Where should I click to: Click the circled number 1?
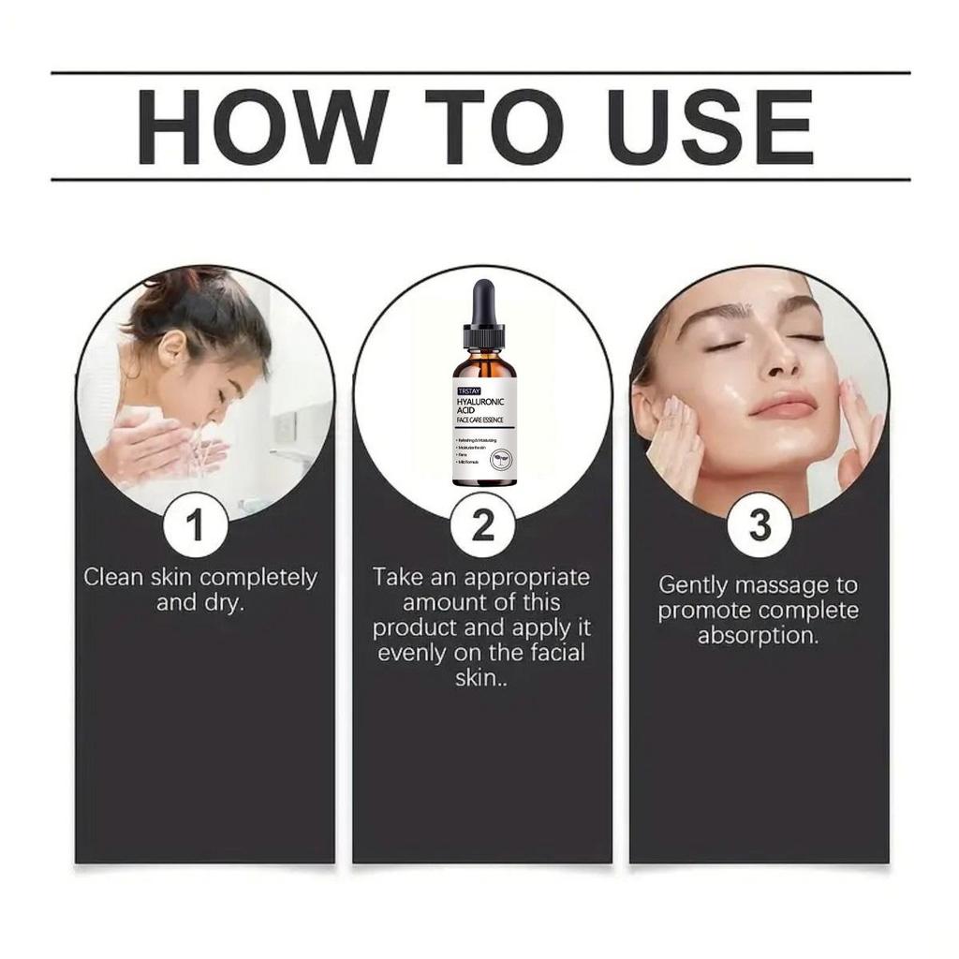click(195, 526)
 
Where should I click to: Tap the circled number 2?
click(482, 526)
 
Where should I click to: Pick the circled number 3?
click(760, 526)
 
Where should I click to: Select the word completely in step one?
click(258, 578)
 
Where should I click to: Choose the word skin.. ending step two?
click(482, 678)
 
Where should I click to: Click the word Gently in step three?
click(693, 585)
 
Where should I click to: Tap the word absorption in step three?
click(758, 635)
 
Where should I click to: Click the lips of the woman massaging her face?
click(783, 406)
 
